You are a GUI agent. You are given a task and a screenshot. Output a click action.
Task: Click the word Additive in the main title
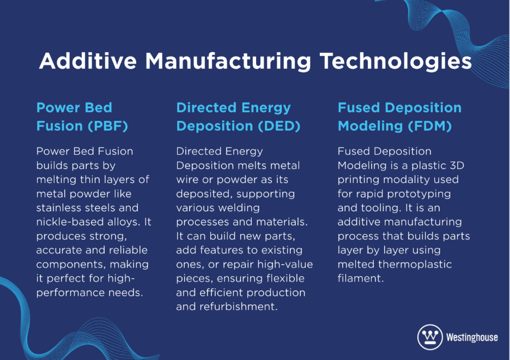pos(88,61)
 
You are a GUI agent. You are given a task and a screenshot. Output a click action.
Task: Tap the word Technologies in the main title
pos(396,62)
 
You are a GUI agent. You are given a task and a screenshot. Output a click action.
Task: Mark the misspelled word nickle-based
pos(69,222)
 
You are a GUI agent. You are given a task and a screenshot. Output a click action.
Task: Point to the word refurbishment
pos(239,307)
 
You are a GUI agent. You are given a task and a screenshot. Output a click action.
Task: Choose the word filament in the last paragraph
pos(360,278)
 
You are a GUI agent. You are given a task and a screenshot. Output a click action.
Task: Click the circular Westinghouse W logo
pos(430,337)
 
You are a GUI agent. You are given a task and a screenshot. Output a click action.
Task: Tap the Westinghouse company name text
pos(472,338)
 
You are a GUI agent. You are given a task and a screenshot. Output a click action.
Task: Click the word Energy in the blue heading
pos(266,108)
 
